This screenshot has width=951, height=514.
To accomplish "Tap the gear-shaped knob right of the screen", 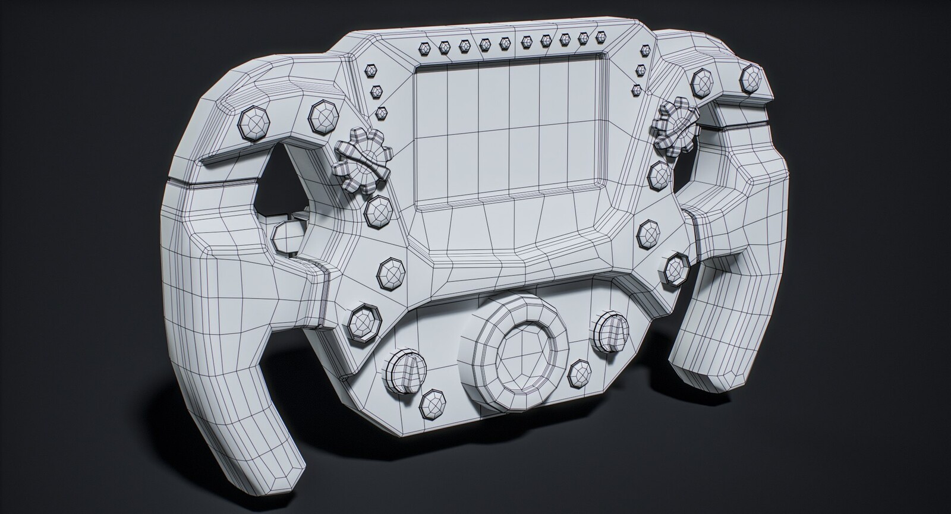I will (x=673, y=125).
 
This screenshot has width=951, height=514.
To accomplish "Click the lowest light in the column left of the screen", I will (x=380, y=111).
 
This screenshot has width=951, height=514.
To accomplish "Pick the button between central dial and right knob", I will (x=578, y=373).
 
